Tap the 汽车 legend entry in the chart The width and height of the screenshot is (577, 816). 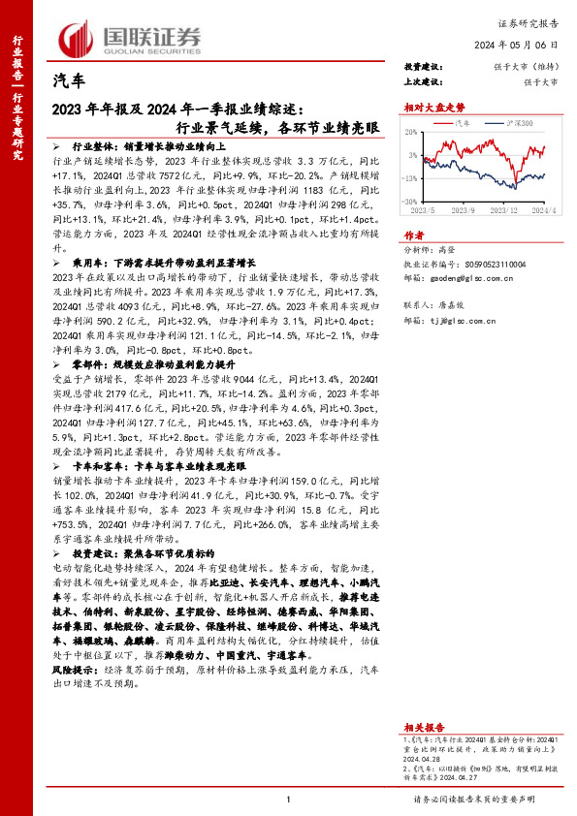coord(464,125)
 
